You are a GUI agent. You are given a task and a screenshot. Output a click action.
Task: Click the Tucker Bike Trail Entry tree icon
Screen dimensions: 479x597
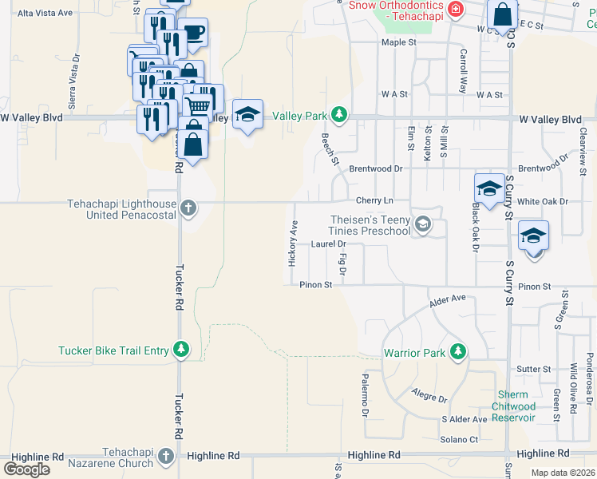point(182,350)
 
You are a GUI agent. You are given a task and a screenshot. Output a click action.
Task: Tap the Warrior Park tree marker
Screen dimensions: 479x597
point(457,351)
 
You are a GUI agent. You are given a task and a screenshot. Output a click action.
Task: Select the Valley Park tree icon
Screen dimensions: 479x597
point(340,116)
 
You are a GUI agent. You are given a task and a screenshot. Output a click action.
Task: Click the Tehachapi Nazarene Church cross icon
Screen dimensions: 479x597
point(165,456)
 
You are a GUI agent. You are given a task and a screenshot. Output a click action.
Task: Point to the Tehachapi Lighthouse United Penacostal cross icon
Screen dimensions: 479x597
point(188,209)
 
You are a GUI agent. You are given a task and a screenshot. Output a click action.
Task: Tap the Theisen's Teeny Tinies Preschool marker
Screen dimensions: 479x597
point(423,226)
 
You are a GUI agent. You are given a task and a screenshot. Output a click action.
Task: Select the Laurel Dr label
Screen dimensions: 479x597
point(328,243)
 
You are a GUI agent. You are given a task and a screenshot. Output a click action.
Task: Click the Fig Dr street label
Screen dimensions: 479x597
point(342,264)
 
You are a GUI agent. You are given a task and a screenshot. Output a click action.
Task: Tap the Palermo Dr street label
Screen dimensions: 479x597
point(364,396)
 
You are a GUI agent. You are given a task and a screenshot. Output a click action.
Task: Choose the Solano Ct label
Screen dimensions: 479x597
point(459,439)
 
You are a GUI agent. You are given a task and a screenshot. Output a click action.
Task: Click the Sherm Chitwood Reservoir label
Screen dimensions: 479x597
point(512,406)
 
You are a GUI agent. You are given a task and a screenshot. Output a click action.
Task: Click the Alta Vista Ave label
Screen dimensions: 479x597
point(45,14)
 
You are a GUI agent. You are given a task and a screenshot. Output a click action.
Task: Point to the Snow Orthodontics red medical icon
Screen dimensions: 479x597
point(456,10)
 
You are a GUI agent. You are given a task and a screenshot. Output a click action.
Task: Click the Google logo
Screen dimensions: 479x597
point(27,469)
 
